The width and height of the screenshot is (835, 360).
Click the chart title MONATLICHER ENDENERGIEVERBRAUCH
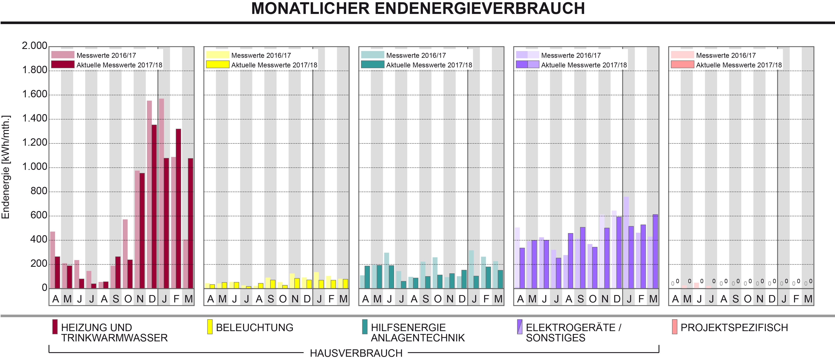point(418,8)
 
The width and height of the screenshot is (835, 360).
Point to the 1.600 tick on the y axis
point(34,94)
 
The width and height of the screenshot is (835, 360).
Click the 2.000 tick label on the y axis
point(34,46)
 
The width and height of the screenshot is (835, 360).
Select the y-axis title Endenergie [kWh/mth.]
point(6,167)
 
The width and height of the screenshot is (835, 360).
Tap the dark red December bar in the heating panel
point(154,206)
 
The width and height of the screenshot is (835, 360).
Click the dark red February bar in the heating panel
point(179,208)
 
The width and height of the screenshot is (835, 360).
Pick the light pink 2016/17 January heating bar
point(162,193)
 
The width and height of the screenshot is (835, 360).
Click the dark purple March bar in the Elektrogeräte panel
point(655,251)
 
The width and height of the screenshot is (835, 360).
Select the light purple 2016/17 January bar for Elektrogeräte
point(626,242)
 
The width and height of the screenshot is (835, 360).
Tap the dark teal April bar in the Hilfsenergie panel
point(367,277)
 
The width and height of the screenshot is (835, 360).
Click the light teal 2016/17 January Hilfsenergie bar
point(471,269)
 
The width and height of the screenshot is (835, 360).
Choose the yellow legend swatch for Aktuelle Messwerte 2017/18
point(217,65)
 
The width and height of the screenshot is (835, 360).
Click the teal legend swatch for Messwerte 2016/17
point(372,55)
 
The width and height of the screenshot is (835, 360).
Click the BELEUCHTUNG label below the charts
point(254,328)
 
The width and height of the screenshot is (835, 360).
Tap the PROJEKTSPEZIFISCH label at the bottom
point(734,328)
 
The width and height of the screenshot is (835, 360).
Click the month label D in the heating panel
point(152,299)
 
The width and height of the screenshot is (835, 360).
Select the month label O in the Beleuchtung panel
point(283,299)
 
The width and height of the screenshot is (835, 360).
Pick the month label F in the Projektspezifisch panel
point(796,299)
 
